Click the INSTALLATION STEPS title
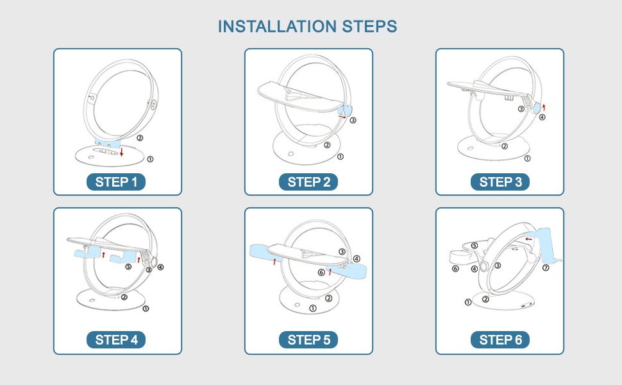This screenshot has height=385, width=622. coord(307,26)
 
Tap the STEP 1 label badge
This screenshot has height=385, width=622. coord(116,182)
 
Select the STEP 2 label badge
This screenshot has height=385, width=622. coord(308,182)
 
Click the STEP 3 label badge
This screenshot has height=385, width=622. coord(500,182)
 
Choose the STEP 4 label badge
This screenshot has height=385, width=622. coord(116,339)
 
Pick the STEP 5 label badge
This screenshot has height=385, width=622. coord(308,339)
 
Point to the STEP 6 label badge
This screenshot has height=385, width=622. coord(500,339)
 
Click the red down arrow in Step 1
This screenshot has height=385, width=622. coord(121,151)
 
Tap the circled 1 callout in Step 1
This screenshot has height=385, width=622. coord(150,159)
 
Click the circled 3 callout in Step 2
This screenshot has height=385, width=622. coord(353,120)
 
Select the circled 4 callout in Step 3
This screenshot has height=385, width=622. coord(542,117)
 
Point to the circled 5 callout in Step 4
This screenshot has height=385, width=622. coord(128,266)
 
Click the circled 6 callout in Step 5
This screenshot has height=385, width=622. coord(321,272)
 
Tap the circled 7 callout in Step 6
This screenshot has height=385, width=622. coord(546,268)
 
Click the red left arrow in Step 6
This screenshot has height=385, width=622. coord(528,239)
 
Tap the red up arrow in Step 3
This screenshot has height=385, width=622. coord(544,107)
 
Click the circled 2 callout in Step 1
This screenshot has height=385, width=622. coord(140,138)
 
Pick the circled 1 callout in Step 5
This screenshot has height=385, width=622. coord(313,309)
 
